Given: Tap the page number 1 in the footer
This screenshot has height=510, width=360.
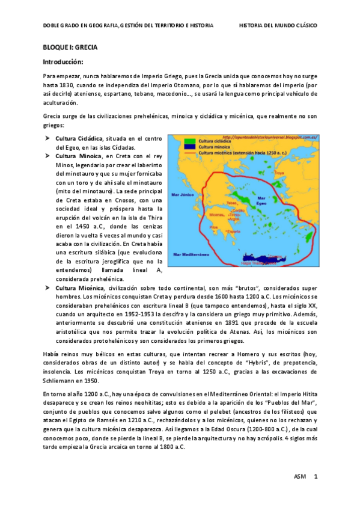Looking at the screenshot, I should coord(315,477).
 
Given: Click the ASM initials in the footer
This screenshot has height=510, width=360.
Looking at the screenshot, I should coord(299,477).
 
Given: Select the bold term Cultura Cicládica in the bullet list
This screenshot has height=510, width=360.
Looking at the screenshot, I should coord(79,139).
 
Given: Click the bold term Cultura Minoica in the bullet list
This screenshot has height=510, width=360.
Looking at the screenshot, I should coord(76,156).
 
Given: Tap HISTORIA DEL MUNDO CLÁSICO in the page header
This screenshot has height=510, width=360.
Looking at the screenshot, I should coord(278,26).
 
